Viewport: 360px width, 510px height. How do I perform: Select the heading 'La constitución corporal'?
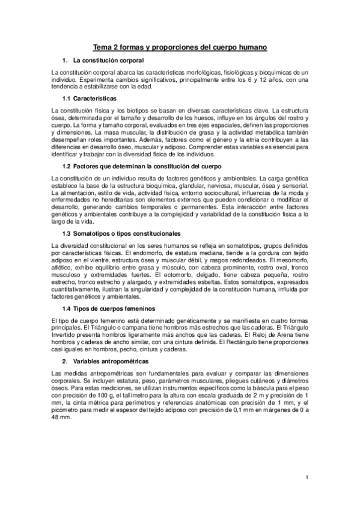pos(108,61)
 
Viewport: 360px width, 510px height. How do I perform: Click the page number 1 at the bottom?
pos(307,478)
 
